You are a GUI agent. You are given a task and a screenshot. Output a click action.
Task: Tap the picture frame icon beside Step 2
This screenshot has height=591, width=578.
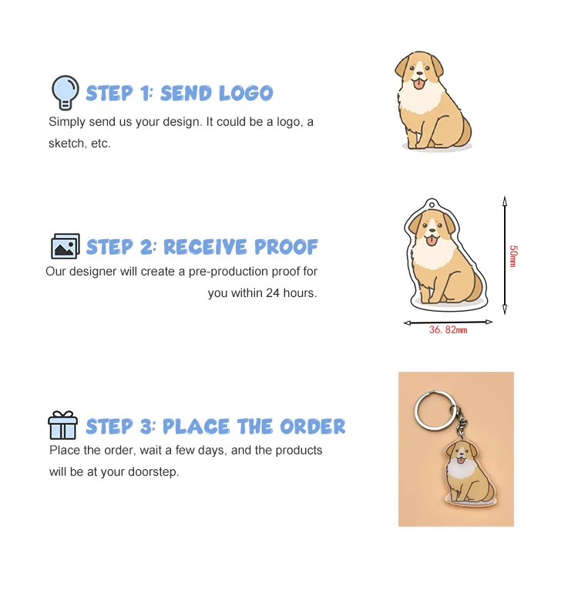point(66,246)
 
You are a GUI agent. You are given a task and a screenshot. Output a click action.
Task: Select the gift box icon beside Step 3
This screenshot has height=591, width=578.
point(62,425)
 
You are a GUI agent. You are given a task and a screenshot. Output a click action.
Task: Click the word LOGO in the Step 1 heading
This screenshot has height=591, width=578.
point(245,93)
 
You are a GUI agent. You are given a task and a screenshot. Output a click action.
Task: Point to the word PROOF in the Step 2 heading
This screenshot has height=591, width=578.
point(286,247)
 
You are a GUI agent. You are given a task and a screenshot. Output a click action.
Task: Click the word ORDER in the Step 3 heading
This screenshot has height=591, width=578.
point(312,427)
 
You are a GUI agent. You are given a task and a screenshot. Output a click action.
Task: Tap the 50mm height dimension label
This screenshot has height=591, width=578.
point(512,255)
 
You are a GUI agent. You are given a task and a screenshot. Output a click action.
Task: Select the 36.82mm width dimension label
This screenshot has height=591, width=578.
point(448,329)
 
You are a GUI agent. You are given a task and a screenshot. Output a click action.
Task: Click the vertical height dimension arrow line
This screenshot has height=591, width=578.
point(504,255)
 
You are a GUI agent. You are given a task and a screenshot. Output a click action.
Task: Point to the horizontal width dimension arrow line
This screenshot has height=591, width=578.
point(448,322)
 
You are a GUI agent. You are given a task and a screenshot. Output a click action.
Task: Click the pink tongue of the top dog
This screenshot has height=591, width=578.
point(419,83)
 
